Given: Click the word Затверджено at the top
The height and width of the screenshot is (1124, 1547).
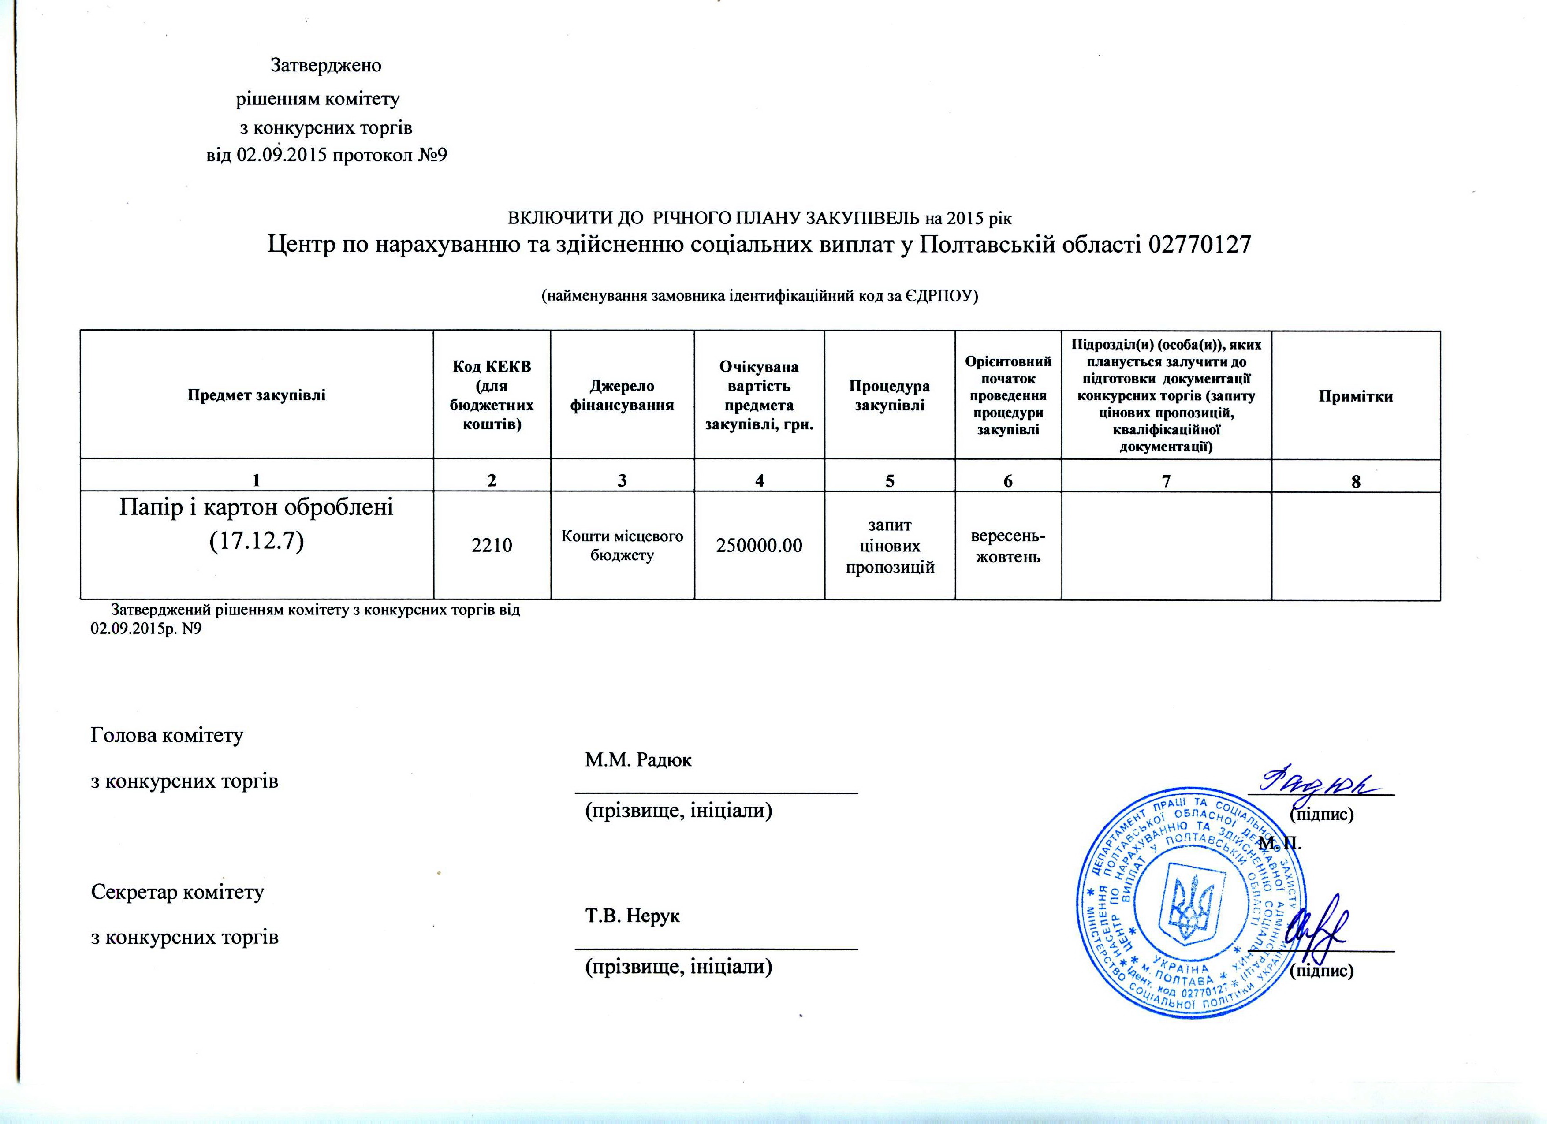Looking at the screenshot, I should click(326, 66).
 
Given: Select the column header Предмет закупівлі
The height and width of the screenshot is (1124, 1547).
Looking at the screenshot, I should click(257, 395).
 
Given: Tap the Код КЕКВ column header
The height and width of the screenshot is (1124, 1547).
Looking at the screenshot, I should click(492, 395).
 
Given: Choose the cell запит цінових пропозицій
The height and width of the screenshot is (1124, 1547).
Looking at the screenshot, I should click(890, 546).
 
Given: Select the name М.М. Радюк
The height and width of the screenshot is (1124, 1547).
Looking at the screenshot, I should click(638, 760).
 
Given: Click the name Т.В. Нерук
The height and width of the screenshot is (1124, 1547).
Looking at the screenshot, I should click(632, 916).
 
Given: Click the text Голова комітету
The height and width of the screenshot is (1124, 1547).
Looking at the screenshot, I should click(167, 736).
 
